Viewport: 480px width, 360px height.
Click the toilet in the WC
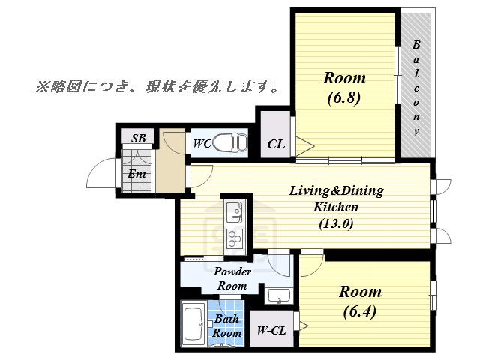click(x=230, y=142)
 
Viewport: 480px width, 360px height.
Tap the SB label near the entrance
click(x=138, y=138)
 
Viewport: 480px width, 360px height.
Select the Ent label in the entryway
click(x=136, y=174)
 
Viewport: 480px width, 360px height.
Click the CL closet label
click(x=276, y=144)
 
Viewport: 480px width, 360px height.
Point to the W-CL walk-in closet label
click(x=271, y=330)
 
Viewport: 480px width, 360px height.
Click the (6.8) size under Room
click(x=344, y=98)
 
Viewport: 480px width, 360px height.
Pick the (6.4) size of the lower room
click(x=360, y=312)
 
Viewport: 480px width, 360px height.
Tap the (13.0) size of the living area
click(x=336, y=223)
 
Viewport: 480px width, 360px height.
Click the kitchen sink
click(x=235, y=212)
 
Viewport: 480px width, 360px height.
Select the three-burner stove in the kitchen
click(x=235, y=238)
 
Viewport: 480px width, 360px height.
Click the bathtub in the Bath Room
click(x=193, y=323)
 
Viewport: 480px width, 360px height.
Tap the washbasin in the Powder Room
click(x=278, y=295)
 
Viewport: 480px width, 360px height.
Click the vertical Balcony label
click(x=415, y=88)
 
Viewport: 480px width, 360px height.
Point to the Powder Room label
click(x=232, y=278)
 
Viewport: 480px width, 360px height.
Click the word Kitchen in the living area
click(x=336, y=207)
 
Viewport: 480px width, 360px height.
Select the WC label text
click(x=202, y=143)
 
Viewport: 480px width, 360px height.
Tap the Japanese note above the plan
click(x=157, y=87)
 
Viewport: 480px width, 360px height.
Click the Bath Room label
click(x=226, y=325)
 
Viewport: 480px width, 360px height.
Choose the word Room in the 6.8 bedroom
click(x=344, y=78)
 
